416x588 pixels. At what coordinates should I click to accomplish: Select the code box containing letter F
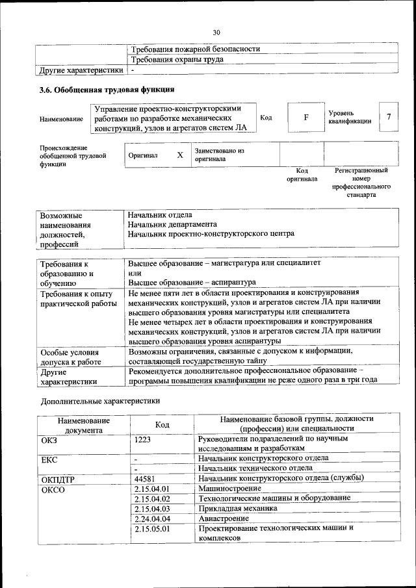pos(305,118)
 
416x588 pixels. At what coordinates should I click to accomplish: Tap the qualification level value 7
pos(388,116)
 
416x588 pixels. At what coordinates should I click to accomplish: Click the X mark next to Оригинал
pos(180,155)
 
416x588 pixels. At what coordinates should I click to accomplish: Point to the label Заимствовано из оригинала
pos(219,154)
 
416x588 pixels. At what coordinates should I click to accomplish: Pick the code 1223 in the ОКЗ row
pos(142,439)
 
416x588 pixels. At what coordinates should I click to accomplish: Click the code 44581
pos(145,478)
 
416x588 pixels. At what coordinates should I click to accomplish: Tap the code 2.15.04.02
pos(151,498)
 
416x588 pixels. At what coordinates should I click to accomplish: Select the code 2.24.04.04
pos(151,518)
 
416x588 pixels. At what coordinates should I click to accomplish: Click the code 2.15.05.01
pos(151,529)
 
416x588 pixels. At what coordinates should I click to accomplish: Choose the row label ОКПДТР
pos(58,479)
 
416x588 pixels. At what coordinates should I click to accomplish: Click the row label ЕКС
pos(49,459)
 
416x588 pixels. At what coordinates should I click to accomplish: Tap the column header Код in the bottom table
pos(162,424)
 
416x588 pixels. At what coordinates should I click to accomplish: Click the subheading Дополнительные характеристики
pos(99,401)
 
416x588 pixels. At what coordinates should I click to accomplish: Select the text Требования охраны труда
pos(177,59)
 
